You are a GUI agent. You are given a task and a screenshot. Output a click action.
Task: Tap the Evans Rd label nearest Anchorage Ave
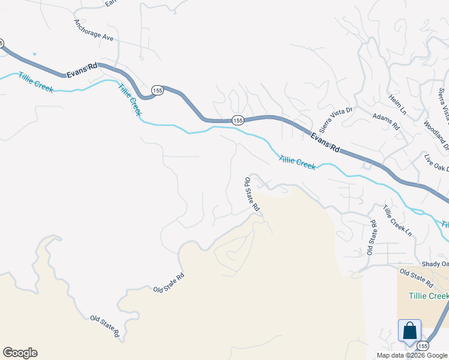[82, 69]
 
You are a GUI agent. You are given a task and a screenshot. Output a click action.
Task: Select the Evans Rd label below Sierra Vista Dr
[325, 142]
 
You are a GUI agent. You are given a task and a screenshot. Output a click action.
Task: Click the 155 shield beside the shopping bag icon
[423, 346]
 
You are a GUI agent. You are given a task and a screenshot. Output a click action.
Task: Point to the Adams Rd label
[386, 122]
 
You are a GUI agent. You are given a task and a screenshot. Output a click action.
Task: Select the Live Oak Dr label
[436, 164]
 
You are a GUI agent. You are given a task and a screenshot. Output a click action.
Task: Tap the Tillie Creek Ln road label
[398, 221]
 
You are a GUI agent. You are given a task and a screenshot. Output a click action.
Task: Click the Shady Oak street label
[435, 264]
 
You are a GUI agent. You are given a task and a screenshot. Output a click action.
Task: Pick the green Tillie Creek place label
[428, 296]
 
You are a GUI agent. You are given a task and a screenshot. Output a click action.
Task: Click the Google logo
[20, 353]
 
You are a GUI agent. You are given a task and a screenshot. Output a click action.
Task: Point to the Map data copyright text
[412, 355]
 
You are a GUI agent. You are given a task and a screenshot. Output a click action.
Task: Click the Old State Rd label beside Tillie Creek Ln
[372, 238]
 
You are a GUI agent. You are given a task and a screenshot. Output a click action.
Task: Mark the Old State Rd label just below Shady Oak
[416, 277]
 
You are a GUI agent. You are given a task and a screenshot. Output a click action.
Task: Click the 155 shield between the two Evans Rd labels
[238, 121]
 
